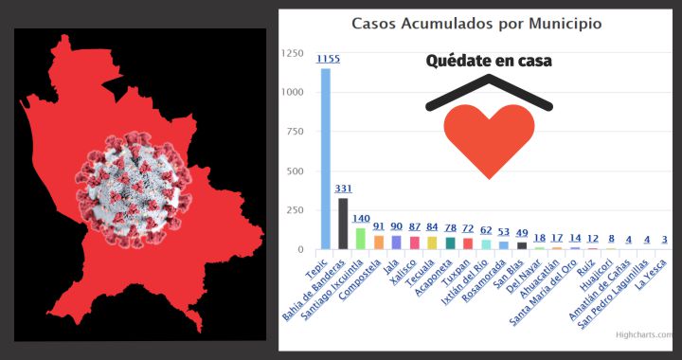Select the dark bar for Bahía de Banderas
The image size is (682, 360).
pos(343,224)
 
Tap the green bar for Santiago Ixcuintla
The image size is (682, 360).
pos(360,238)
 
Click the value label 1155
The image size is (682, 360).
pos(328,59)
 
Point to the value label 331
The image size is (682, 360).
pos(344,189)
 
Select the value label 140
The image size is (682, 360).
pos(360,219)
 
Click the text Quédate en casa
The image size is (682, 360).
pos(489,61)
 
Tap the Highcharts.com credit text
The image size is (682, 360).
pos(643,333)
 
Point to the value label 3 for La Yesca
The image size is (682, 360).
pos(665,240)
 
